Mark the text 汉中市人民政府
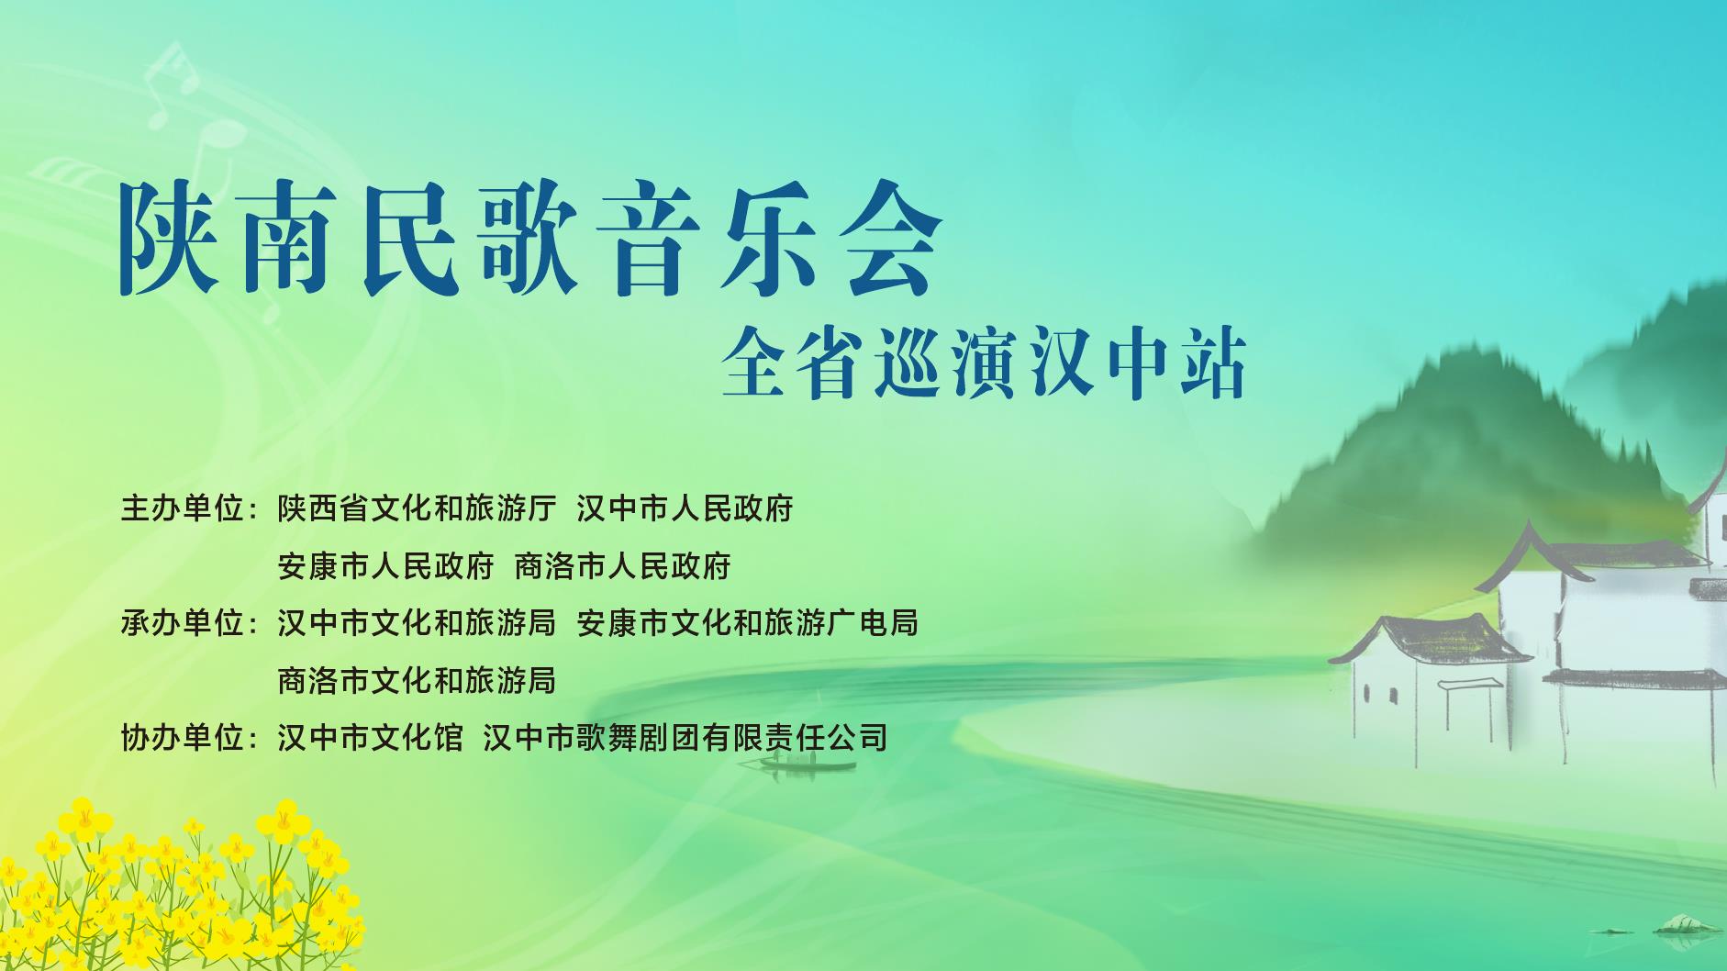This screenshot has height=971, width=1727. tap(685, 508)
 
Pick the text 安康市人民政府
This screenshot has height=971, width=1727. tap(385, 566)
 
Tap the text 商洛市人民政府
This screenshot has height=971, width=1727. tap(622, 566)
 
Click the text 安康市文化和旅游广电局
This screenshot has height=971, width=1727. tap(748, 623)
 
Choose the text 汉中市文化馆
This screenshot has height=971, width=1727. tap(371, 737)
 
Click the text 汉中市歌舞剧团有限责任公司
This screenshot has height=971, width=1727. tap(685, 737)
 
